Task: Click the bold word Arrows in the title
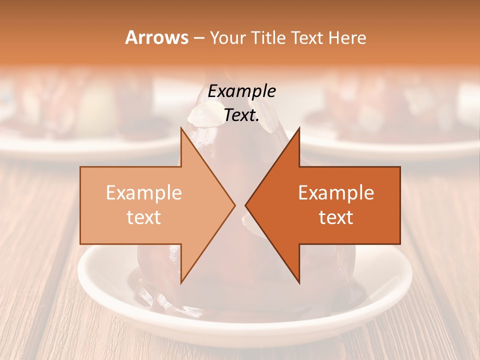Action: point(156,37)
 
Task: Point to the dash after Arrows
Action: point(198,38)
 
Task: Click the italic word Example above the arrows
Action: point(242,91)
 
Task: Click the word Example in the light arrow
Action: point(144,193)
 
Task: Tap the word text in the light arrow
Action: point(144,217)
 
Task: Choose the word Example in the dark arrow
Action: point(336,193)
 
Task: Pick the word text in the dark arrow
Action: point(336,217)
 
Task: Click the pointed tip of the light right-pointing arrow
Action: point(233,205)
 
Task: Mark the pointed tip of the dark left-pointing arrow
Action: point(247,205)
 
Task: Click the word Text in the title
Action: point(308,38)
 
